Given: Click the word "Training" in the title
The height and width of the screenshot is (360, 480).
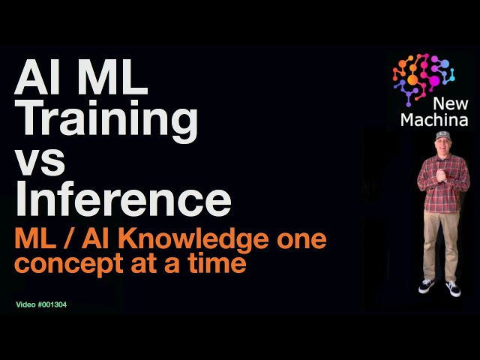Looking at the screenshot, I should click(x=107, y=121).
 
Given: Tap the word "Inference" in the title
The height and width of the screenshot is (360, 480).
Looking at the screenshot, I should click(x=123, y=199).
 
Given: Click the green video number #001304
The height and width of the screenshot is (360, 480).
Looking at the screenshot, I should click(x=60, y=305).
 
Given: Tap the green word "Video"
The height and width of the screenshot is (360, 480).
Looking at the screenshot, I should click(x=26, y=305).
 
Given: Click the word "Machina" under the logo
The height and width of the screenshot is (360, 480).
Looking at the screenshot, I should click(x=435, y=120).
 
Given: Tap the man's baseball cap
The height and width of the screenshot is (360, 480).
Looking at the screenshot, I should click(x=442, y=136).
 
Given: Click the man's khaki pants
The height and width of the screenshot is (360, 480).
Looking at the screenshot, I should click(x=441, y=240).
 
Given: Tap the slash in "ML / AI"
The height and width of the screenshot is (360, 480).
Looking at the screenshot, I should click(x=68, y=241).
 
